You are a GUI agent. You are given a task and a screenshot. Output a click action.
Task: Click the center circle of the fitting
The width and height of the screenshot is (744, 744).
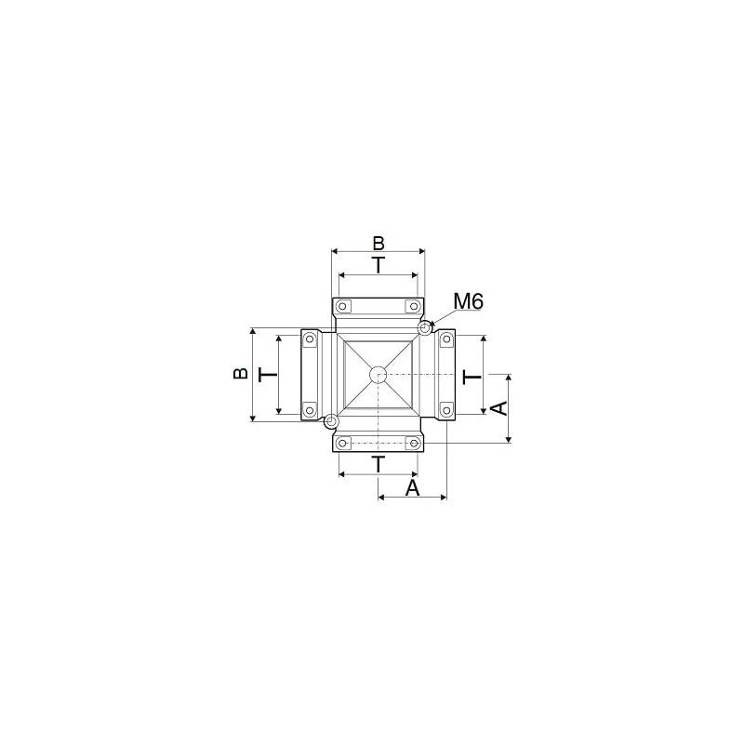tap(378, 375)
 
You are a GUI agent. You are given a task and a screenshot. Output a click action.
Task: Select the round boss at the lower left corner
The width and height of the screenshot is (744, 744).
tap(331, 422)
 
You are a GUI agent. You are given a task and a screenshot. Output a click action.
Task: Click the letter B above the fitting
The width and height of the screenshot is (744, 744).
tap(379, 243)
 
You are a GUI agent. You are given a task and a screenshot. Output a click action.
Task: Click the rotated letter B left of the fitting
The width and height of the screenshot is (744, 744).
tap(240, 373)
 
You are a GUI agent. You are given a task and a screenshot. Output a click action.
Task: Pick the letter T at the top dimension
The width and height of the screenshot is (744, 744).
tap(379, 265)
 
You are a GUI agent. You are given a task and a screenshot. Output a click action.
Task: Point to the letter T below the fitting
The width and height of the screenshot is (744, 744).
tap(379, 464)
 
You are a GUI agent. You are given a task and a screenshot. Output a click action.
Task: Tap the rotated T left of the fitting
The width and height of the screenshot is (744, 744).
tap(267, 374)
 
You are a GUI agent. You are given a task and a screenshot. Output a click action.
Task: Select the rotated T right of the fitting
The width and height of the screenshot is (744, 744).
tap(472, 376)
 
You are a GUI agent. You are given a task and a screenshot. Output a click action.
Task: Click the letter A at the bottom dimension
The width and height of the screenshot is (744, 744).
tap(413, 487)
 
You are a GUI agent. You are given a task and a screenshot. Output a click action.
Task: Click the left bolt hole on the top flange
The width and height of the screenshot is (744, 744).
tap(343, 306)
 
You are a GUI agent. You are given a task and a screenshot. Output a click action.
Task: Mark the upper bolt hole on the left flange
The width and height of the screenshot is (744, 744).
tap(309, 339)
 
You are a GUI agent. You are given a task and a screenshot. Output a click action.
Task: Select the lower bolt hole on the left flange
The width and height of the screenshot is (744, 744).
tap(309, 408)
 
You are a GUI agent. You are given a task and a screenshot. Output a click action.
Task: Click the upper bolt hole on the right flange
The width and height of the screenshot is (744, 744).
tap(446, 339)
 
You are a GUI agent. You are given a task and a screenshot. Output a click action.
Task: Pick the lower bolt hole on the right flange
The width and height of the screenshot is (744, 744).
tap(446, 408)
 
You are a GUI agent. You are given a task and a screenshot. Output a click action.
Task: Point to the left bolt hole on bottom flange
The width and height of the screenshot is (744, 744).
tap(343, 443)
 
